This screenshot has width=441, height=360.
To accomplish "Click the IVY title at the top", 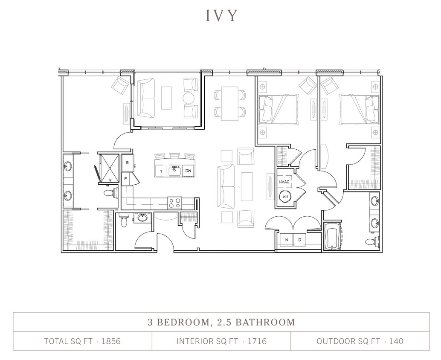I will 221,15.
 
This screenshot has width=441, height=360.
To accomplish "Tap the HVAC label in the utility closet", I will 284,181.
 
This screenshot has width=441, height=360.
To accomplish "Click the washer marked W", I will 287,240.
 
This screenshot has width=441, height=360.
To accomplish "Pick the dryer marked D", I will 299,240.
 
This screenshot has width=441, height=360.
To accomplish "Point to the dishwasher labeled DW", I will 188,171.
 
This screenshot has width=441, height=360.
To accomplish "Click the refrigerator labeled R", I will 127,163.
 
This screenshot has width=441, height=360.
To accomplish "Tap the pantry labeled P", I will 126,179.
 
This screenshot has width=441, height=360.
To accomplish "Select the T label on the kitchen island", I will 161,171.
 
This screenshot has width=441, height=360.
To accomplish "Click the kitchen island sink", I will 174,171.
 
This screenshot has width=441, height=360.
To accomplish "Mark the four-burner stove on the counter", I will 174,202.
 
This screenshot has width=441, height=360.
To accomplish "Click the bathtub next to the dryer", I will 332,237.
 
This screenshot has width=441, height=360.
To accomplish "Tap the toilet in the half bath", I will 124,221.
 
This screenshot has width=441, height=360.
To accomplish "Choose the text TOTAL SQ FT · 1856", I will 82,341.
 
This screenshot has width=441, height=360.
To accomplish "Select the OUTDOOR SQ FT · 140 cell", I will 360,341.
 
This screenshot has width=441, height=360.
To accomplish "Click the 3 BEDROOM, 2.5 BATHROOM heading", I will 221,322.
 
